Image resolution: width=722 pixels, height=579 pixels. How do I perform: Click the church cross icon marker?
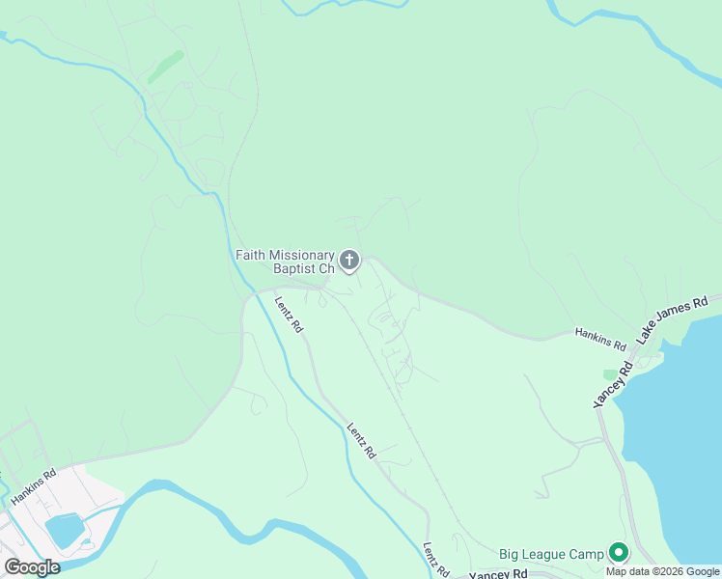tap(349, 260)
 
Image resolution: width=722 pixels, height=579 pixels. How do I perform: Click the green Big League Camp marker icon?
tap(619, 553)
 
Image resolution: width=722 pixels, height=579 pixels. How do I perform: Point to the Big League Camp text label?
tap(551, 554)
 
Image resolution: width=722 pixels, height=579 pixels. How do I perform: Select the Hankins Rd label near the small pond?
tap(34, 487)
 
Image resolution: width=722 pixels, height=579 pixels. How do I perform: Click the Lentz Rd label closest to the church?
tap(289, 314)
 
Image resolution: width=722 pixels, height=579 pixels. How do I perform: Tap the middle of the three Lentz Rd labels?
tap(361, 441)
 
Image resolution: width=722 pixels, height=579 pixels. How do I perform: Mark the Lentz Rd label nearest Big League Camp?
tap(435, 559)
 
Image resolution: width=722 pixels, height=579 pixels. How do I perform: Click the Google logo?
tap(32, 567)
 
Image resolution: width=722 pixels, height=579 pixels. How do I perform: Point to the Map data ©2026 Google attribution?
tap(663, 571)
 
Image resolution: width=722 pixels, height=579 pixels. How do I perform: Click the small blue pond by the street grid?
tap(64, 530)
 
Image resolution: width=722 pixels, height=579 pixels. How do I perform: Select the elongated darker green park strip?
tap(165, 66)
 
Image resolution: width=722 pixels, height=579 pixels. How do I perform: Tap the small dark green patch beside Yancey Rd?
tap(610, 373)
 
